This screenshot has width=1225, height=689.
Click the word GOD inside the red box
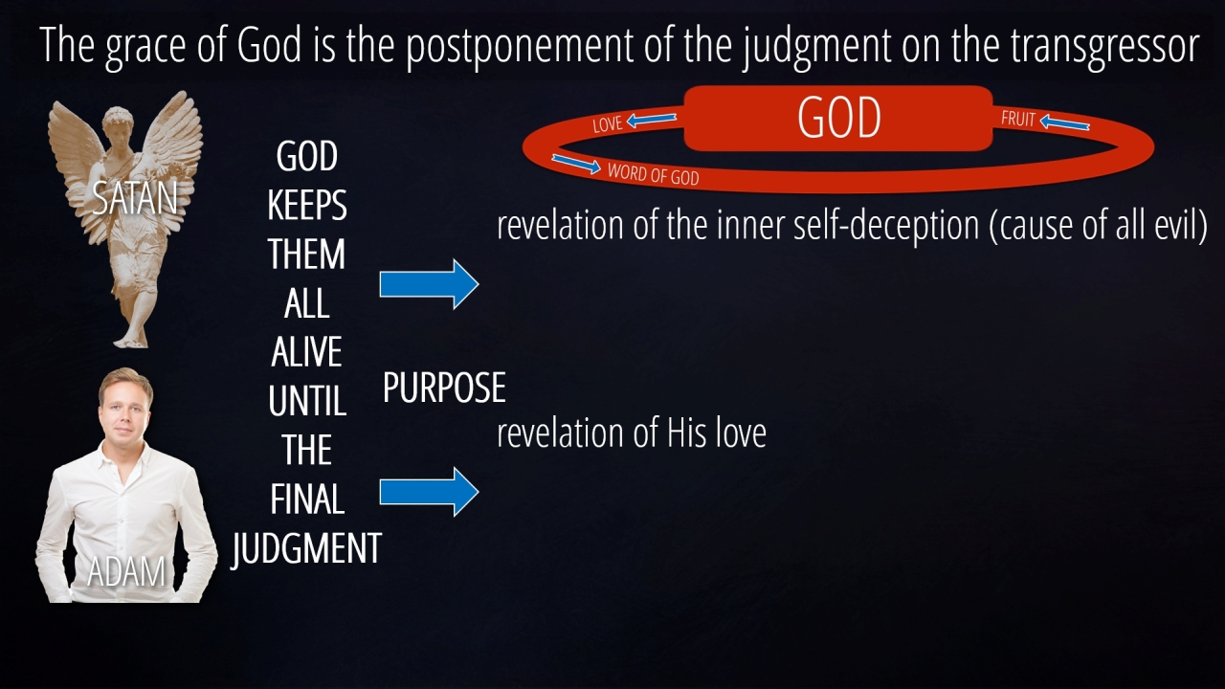coord(839,118)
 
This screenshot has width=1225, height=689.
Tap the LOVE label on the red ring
coord(607,124)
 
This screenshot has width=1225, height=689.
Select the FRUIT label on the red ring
coord(1017,119)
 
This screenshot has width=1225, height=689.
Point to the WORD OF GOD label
coord(653,174)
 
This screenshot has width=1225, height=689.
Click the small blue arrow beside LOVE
coord(652,120)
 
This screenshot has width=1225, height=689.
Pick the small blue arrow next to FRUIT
coord(1064,122)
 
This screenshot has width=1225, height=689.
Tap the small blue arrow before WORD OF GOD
coord(576,164)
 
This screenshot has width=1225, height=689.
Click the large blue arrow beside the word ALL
coord(430,284)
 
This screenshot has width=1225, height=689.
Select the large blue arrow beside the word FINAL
coord(430,492)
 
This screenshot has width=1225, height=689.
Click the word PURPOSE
coord(444,388)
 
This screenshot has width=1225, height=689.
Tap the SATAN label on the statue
coord(135,198)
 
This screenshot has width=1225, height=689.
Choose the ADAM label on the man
coord(126,572)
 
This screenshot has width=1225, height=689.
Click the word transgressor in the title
coord(1104,45)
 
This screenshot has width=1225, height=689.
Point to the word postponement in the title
coord(520,47)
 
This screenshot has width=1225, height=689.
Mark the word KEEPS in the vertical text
coord(307,205)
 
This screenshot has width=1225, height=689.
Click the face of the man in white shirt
coord(125,409)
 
